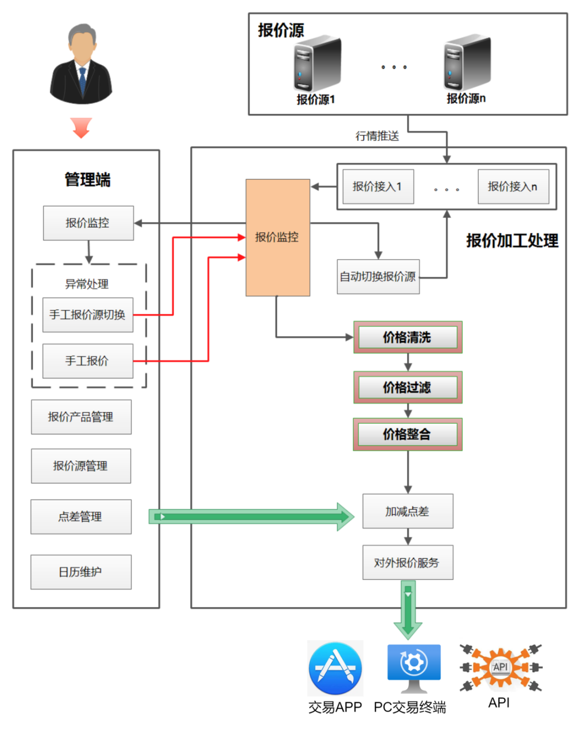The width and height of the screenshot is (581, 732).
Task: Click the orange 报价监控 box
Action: (x=278, y=237)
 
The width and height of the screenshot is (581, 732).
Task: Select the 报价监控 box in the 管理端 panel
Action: (x=88, y=223)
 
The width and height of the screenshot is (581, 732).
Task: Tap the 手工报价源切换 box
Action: (x=88, y=315)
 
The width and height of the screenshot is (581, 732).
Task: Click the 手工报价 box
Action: (x=88, y=361)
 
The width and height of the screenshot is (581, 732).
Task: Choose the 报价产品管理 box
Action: (x=81, y=417)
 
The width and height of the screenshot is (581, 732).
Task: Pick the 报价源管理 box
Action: (x=81, y=466)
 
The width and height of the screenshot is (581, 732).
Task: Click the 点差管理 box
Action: (x=81, y=517)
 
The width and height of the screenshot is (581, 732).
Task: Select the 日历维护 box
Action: (x=81, y=572)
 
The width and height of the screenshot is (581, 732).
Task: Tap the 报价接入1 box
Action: (x=378, y=187)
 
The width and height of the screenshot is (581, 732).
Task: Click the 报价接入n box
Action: (x=513, y=187)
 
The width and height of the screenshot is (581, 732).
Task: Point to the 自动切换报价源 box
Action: (x=378, y=276)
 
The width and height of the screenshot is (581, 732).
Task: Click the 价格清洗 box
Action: (x=407, y=337)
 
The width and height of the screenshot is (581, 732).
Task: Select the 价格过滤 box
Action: (x=407, y=387)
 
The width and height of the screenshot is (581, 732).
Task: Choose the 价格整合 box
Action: (x=407, y=434)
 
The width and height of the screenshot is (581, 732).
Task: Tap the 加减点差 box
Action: (x=408, y=511)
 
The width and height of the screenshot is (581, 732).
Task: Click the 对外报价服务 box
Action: (x=408, y=563)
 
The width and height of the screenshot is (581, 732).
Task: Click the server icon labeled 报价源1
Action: (x=317, y=64)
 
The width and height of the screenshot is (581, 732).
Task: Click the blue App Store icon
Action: (x=335, y=669)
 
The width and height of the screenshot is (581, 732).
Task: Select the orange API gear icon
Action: (x=501, y=667)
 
